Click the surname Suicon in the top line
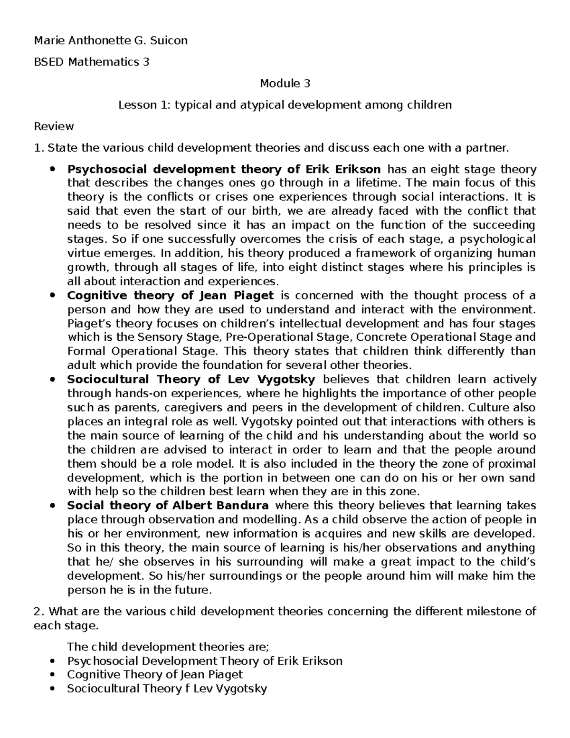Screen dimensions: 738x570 click(169, 40)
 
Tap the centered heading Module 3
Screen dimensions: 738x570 click(285, 84)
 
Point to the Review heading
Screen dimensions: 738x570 click(54, 126)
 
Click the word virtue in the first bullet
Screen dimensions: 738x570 click(82, 253)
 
